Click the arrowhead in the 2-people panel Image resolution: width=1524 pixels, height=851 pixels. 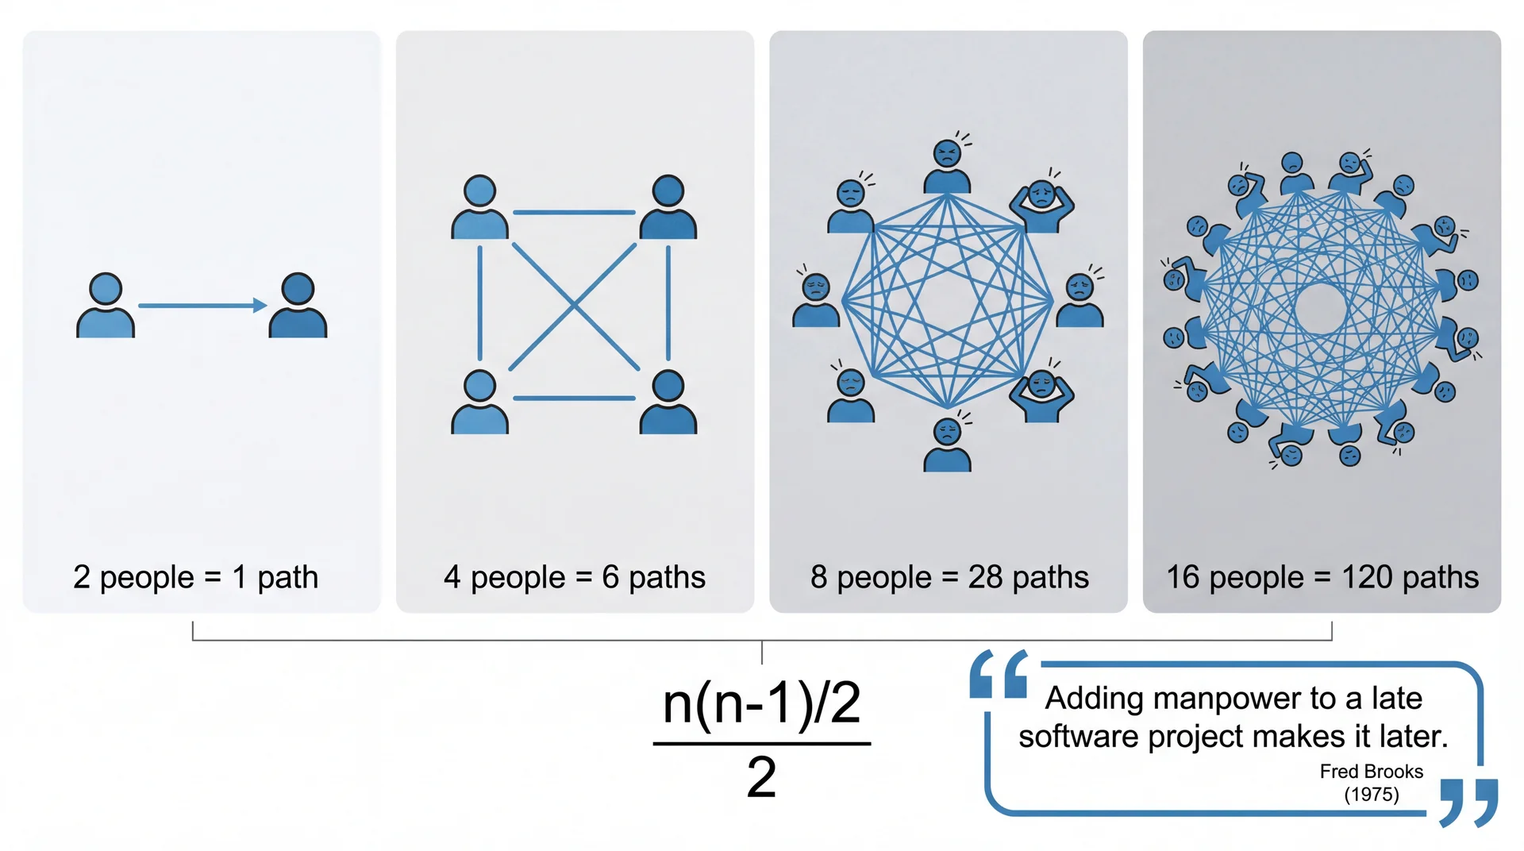260,306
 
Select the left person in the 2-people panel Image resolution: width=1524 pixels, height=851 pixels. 106,306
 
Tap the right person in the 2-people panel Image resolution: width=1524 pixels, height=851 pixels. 298,306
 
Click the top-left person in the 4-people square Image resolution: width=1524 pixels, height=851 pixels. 479,208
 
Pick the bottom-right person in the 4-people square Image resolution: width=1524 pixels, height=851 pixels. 668,402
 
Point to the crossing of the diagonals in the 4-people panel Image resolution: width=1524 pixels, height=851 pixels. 574,305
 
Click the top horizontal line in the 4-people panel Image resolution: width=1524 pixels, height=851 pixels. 574,213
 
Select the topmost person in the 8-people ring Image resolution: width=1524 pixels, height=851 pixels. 947,168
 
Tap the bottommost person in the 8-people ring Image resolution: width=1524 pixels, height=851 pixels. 947,445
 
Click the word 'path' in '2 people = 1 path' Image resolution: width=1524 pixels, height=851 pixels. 287,578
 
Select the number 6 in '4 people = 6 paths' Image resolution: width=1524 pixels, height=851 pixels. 610,577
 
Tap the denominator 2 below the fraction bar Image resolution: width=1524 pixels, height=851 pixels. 761,777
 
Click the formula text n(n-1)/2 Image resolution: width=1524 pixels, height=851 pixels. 761,703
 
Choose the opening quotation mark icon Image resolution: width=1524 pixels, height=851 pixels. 999,675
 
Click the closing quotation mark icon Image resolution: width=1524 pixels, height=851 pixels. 1468,802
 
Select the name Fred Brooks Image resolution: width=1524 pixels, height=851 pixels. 1371,772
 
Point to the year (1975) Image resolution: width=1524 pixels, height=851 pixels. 1371,795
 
